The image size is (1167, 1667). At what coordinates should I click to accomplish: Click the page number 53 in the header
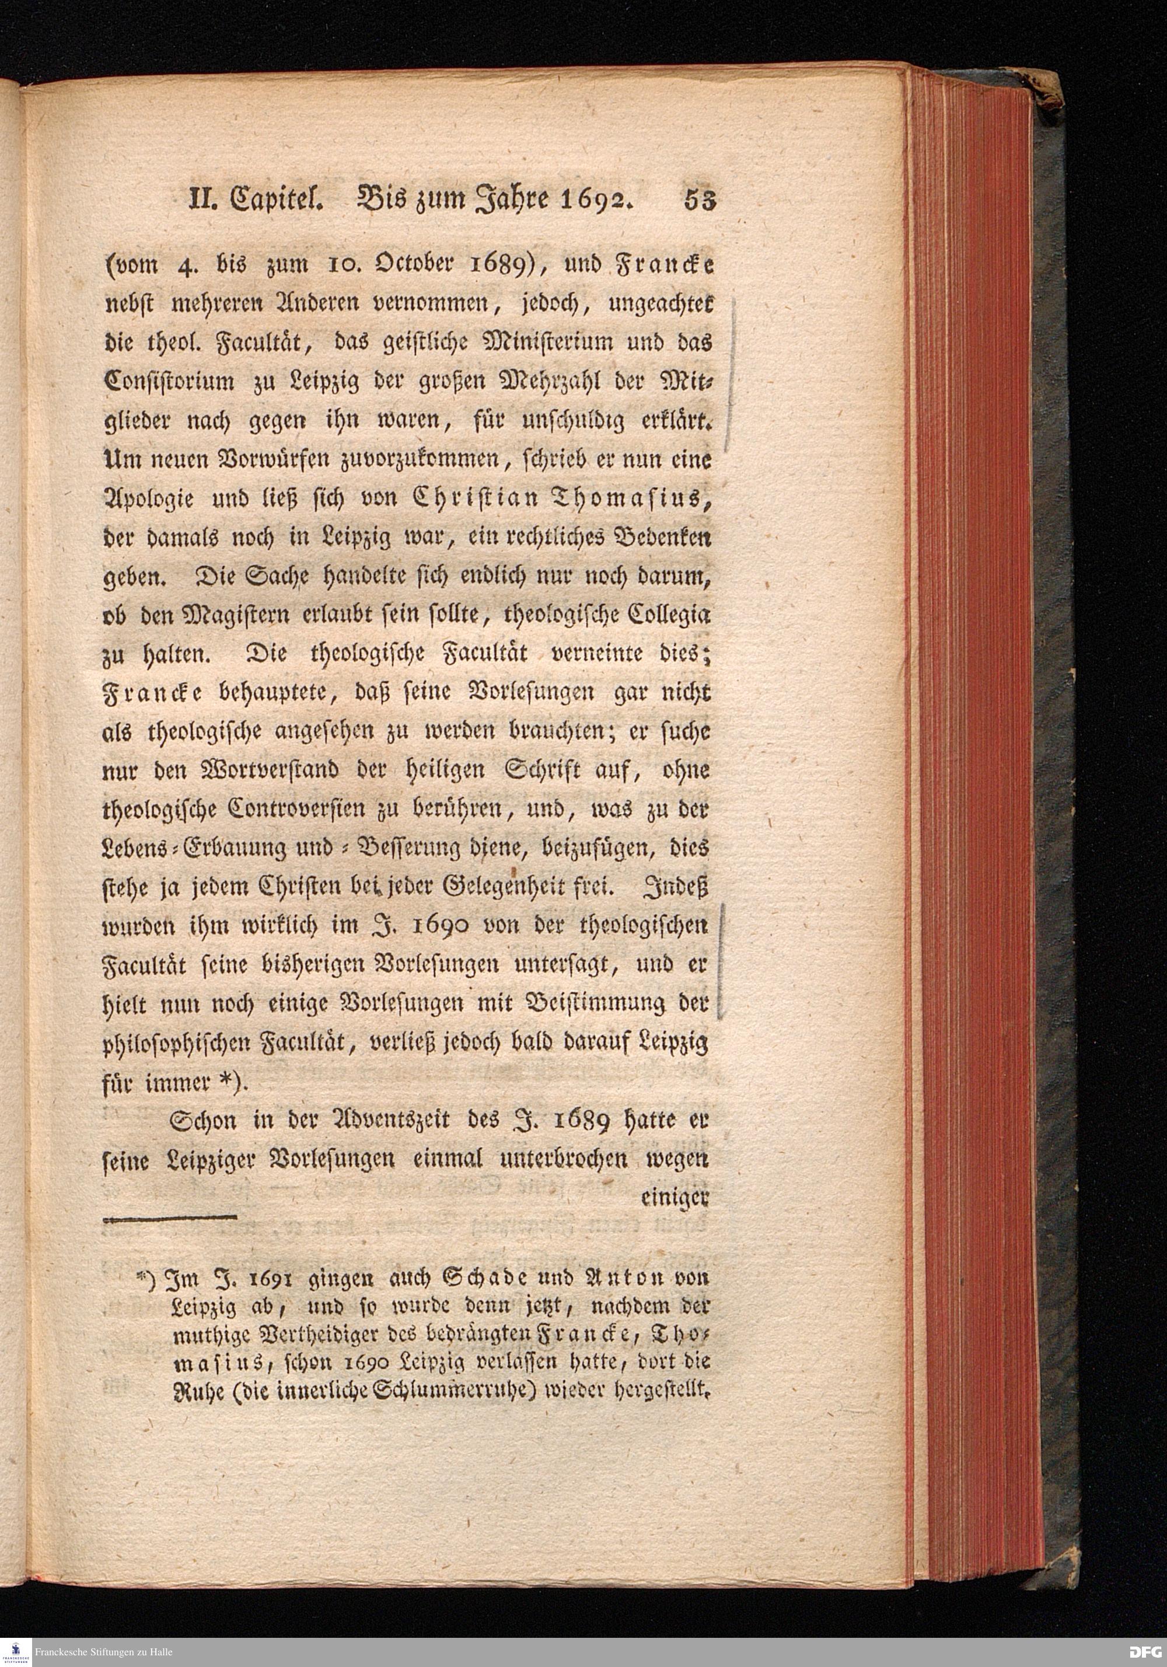coord(699,199)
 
